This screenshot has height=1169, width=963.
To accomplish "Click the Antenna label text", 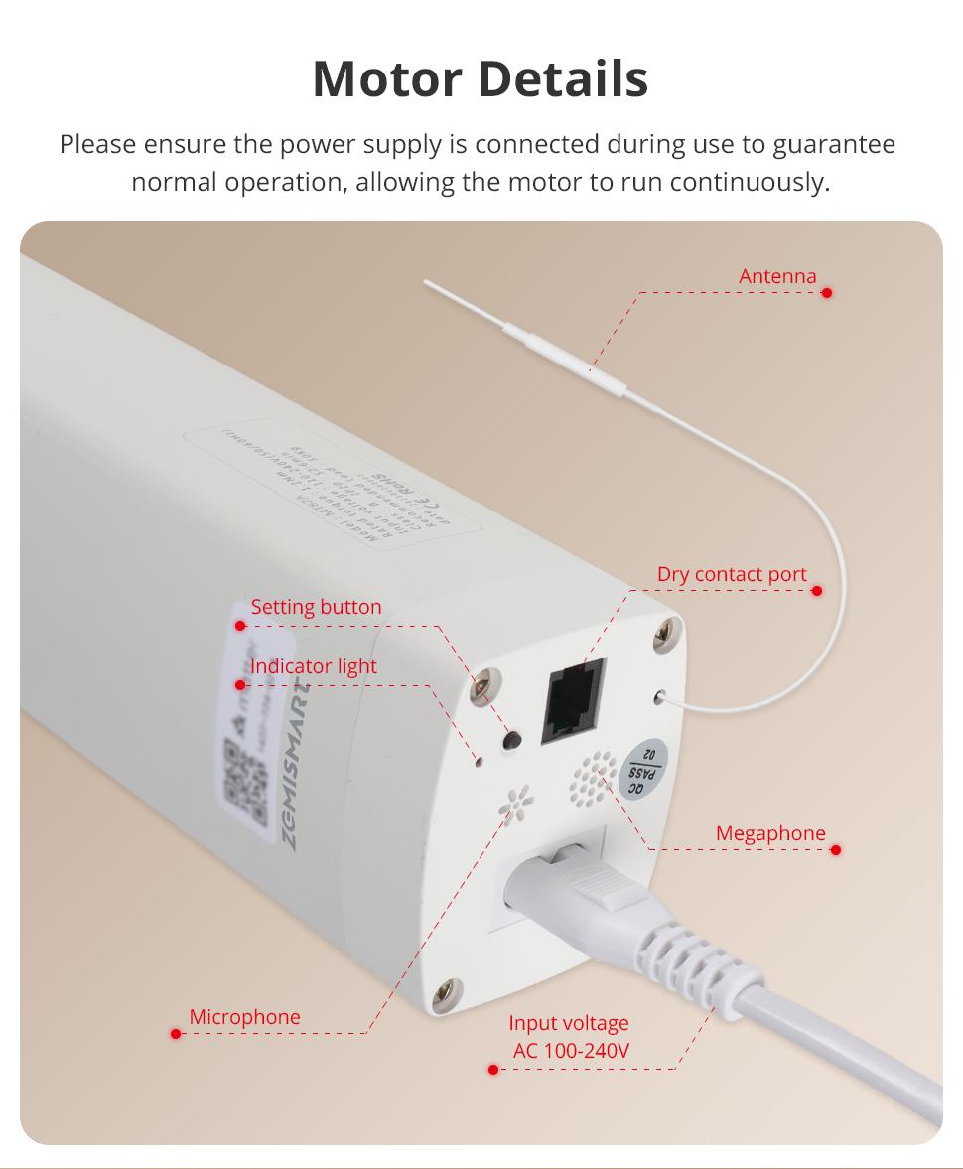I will (x=777, y=276).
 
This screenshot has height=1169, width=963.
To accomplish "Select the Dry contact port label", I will (x=732, y=574).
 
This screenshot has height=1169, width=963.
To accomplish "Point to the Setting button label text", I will (x=316, y=607).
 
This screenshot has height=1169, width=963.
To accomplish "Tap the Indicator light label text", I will (x=314, y=666).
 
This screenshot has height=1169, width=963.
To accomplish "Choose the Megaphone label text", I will (x=770, y=833).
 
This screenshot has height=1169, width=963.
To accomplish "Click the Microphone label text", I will (x=244, y=1017).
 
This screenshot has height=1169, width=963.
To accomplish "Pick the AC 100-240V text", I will (x=570, y=1051).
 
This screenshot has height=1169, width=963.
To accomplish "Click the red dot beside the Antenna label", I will (x=827, y=293).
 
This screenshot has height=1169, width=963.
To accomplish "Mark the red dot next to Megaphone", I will (x=836, y=850).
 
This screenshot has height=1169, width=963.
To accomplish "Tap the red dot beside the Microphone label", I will (x=176, y=1034).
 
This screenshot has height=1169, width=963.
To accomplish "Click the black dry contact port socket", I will (x=574, y=702).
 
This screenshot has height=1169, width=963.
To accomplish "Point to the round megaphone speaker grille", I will (x=594, y=779).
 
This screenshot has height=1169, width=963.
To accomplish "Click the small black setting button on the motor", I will (x=513, y=740).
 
